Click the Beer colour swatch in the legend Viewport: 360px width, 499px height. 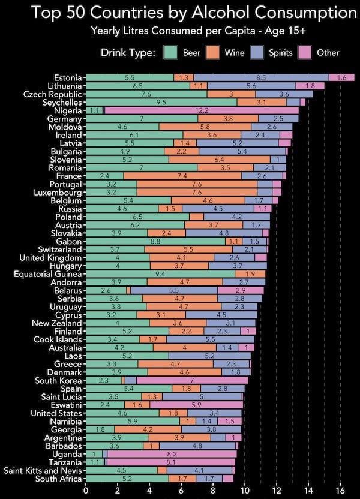[x=173, y=53]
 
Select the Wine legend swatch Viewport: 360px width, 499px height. [x=213, y=53]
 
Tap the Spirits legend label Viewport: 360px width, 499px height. [x=281, y=53]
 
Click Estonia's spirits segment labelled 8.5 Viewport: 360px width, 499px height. [x=261, y=77]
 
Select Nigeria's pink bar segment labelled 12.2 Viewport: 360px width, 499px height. [x=202, y=110]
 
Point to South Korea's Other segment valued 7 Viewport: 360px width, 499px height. [x=191, y=380]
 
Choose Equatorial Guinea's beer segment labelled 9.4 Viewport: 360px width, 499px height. [x=160, y=273]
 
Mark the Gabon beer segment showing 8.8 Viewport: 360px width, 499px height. [x=155, y=241]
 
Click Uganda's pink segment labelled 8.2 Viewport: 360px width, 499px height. [x=172, y=454]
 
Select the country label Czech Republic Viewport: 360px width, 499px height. [x=53, y=94]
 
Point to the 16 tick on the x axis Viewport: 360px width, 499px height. [x=340, y=489]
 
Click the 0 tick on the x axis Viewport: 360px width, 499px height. [x=86, y=489]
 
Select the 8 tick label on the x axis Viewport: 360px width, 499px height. [x=213, y=489]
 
